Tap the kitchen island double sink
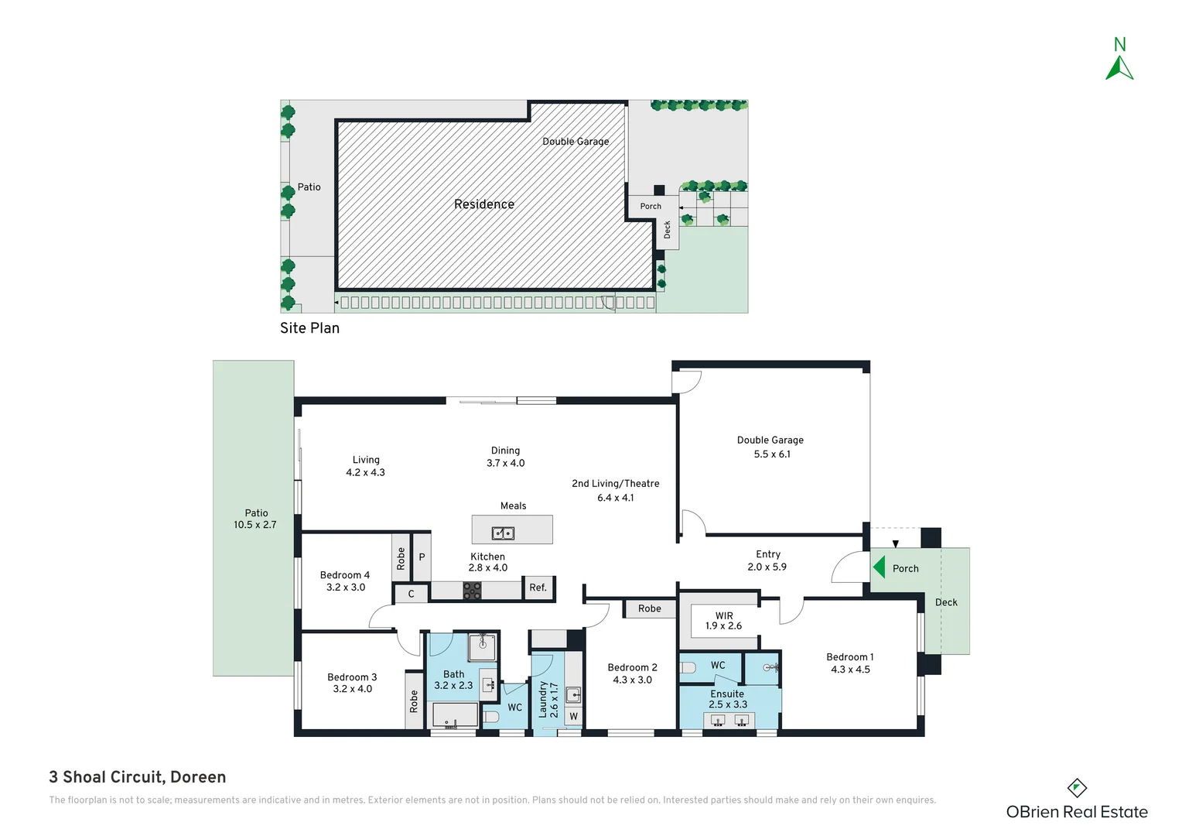[503, 533]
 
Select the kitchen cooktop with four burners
[472, 591]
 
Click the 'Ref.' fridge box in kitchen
[538, 588]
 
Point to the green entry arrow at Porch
[879, 567]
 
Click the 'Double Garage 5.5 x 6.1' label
[770, 447]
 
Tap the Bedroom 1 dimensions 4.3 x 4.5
[850, 669]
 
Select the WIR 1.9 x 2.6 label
[724, 621]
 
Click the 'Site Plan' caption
[309, 328]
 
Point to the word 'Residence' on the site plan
[484, 204]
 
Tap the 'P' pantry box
[422, 557]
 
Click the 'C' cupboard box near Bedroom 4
[411, 594]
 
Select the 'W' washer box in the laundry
[573, 716]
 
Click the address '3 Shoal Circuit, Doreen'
[137, 777]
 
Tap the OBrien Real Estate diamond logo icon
[1077, 788]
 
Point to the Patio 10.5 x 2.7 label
[256, 519]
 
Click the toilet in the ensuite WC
[687, 669]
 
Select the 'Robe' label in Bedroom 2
[649, 608]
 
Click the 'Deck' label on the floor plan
[946, 602]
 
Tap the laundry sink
[573, 694]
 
